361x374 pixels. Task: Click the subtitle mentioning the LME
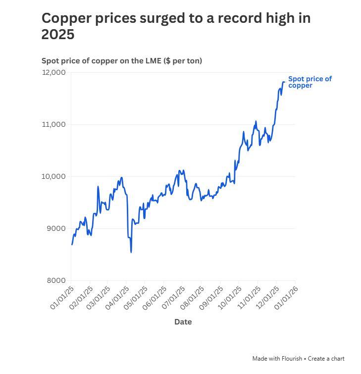[x=121, y=61]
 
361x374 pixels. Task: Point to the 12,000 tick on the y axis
[x=54, y=72]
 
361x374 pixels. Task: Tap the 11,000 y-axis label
[x=54, y=124]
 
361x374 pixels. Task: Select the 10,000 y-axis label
[x=54, y=176]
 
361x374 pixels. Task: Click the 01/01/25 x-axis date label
[x=62, y=297]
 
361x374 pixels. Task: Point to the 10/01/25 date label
[x=230, y=297]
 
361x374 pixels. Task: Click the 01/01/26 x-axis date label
[x=287, y=297]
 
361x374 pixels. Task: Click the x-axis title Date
[x=183, y=322]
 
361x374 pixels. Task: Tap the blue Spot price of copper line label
[x=309, y=82]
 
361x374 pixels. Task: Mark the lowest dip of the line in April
[x=131, y=252]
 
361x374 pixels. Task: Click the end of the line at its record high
[x=284, y=82]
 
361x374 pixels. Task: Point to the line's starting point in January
[x=72, y=244]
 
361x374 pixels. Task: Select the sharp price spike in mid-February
[x=98, y=187]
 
